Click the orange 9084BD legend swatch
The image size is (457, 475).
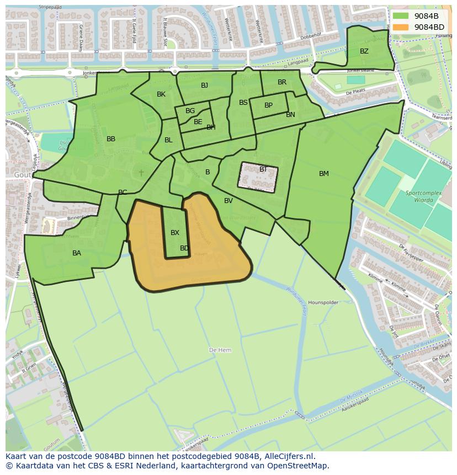point(401,27)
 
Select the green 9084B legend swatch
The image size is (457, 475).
point(401,16)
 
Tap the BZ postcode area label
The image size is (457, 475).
point(364,51)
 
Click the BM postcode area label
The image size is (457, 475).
point(324,174)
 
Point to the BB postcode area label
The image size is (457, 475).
point(111,139)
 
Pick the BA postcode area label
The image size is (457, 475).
point(77,253)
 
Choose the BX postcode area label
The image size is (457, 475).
point(175,233)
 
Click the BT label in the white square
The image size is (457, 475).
point(263,169)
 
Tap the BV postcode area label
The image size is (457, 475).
point(228,201)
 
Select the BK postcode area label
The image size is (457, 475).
point(161,94)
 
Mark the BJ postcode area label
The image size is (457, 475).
point(205,86)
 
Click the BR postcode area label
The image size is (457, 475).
point(282,82)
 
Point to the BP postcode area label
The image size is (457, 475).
point(268,105)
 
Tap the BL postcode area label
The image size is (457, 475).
point(168,140)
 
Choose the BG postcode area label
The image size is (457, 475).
point(190,111)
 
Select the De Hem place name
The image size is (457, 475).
point(220,350)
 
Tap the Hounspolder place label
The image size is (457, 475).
point(322,303)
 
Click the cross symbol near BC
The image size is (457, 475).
point(141,173)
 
